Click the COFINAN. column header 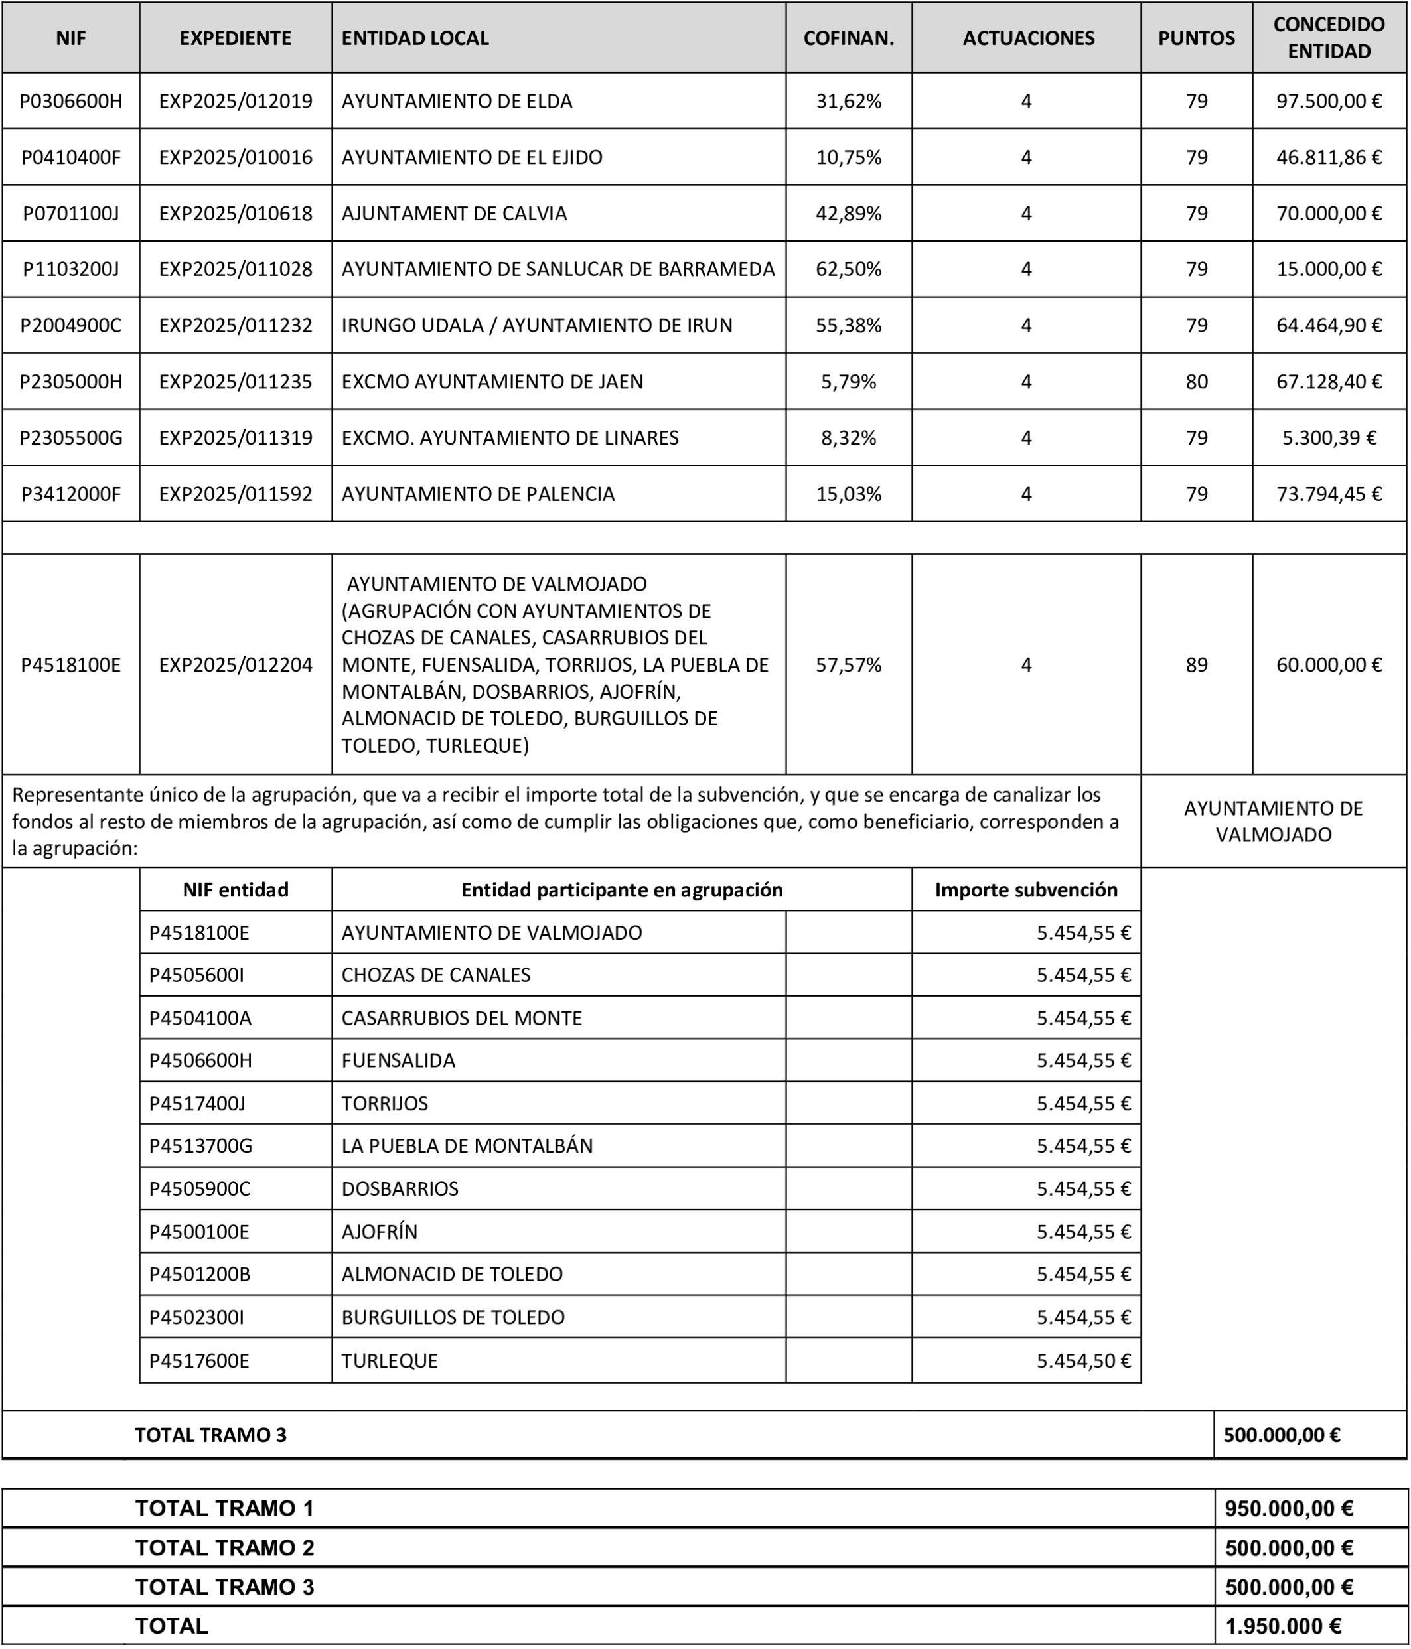coord(848,38)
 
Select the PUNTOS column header coord(1196,38)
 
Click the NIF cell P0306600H coord(71,101)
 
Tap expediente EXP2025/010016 coord(236,157)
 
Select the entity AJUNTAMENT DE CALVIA coord(455,213)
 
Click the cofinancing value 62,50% coord(848,269)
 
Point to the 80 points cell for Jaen coord(1196,381)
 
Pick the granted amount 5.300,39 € coord(1328,438)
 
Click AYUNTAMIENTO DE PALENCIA coord(479,494)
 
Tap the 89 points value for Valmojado coord(1196,664)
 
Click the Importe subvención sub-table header coord(1026,890)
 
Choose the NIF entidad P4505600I coord(196,975)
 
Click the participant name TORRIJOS coord(384,1103)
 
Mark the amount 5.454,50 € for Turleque coord(1083,1361)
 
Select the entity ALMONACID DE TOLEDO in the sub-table coord(452,1274)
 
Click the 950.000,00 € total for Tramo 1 coord(1288,1508)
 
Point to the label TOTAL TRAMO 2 coord(224,1548)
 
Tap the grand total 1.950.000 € coord(1283,1626)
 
